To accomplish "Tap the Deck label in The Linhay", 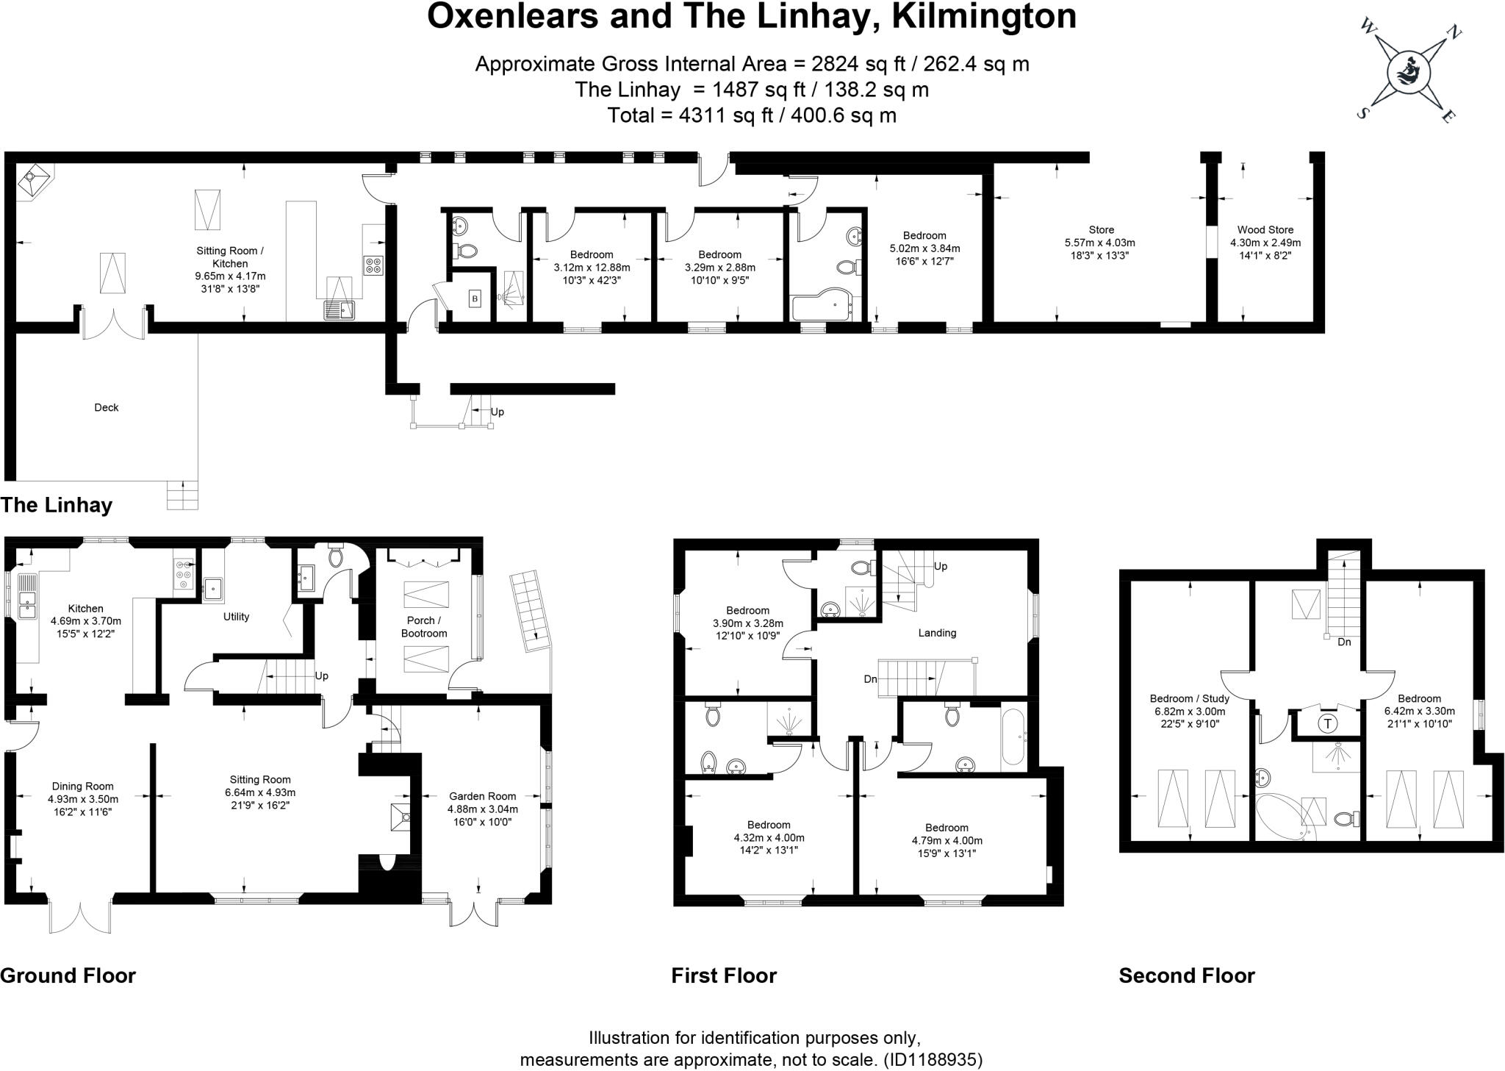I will [106, 407].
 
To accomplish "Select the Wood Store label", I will [1265, 230].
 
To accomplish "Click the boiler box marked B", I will [475, 298].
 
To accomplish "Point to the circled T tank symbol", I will [1327, 723].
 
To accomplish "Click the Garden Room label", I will [482, 796].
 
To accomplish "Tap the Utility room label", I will [236, 617].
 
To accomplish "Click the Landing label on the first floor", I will [937, 632].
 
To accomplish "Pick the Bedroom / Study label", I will [1189, 698].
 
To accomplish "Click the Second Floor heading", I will [1186, 975].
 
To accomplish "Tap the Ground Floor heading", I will [68, 975].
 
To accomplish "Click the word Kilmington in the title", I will [984, 16].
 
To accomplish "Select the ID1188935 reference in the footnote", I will [932, 1059].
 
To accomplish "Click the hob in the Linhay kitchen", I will [373, 265].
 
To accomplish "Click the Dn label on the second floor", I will [1343, 642].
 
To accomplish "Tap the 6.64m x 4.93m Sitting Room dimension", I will [260, 792].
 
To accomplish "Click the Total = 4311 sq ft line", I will [752, 115].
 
